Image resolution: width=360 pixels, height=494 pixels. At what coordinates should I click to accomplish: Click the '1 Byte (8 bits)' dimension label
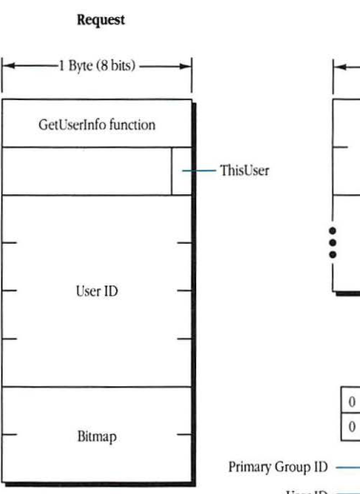97,68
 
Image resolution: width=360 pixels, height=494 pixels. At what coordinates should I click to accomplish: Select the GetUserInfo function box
96,125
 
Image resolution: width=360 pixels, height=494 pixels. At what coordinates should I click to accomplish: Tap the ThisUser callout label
244,171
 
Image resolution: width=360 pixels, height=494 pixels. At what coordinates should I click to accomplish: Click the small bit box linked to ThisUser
181,171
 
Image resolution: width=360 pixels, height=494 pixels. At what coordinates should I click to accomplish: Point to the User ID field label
96,290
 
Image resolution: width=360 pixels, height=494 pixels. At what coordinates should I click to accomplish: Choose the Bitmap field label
96,437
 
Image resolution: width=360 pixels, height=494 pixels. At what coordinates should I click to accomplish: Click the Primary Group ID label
277,467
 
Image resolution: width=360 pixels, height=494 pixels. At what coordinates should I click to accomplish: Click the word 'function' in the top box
131,125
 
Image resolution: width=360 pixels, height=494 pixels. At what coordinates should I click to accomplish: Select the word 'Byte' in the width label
83,68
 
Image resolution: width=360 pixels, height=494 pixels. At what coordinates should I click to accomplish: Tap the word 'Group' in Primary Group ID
291,467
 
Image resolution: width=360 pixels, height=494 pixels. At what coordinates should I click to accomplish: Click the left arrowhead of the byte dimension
7,68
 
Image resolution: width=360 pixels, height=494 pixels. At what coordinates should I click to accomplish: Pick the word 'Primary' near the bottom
250,467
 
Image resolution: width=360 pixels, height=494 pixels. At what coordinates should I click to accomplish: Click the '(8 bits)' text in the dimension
120,68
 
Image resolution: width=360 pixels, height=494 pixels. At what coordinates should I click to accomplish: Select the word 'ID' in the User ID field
110,290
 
